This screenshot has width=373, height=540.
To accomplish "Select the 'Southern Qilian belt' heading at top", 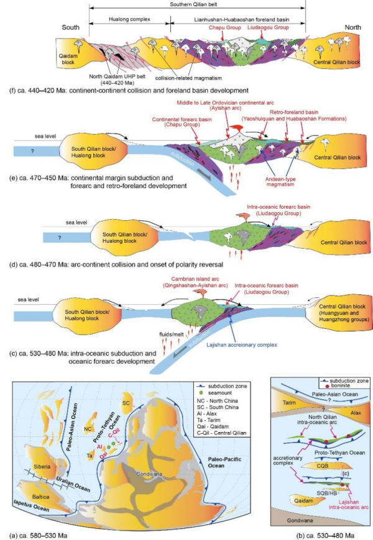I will pyautogui.click(x=197, y=6).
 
